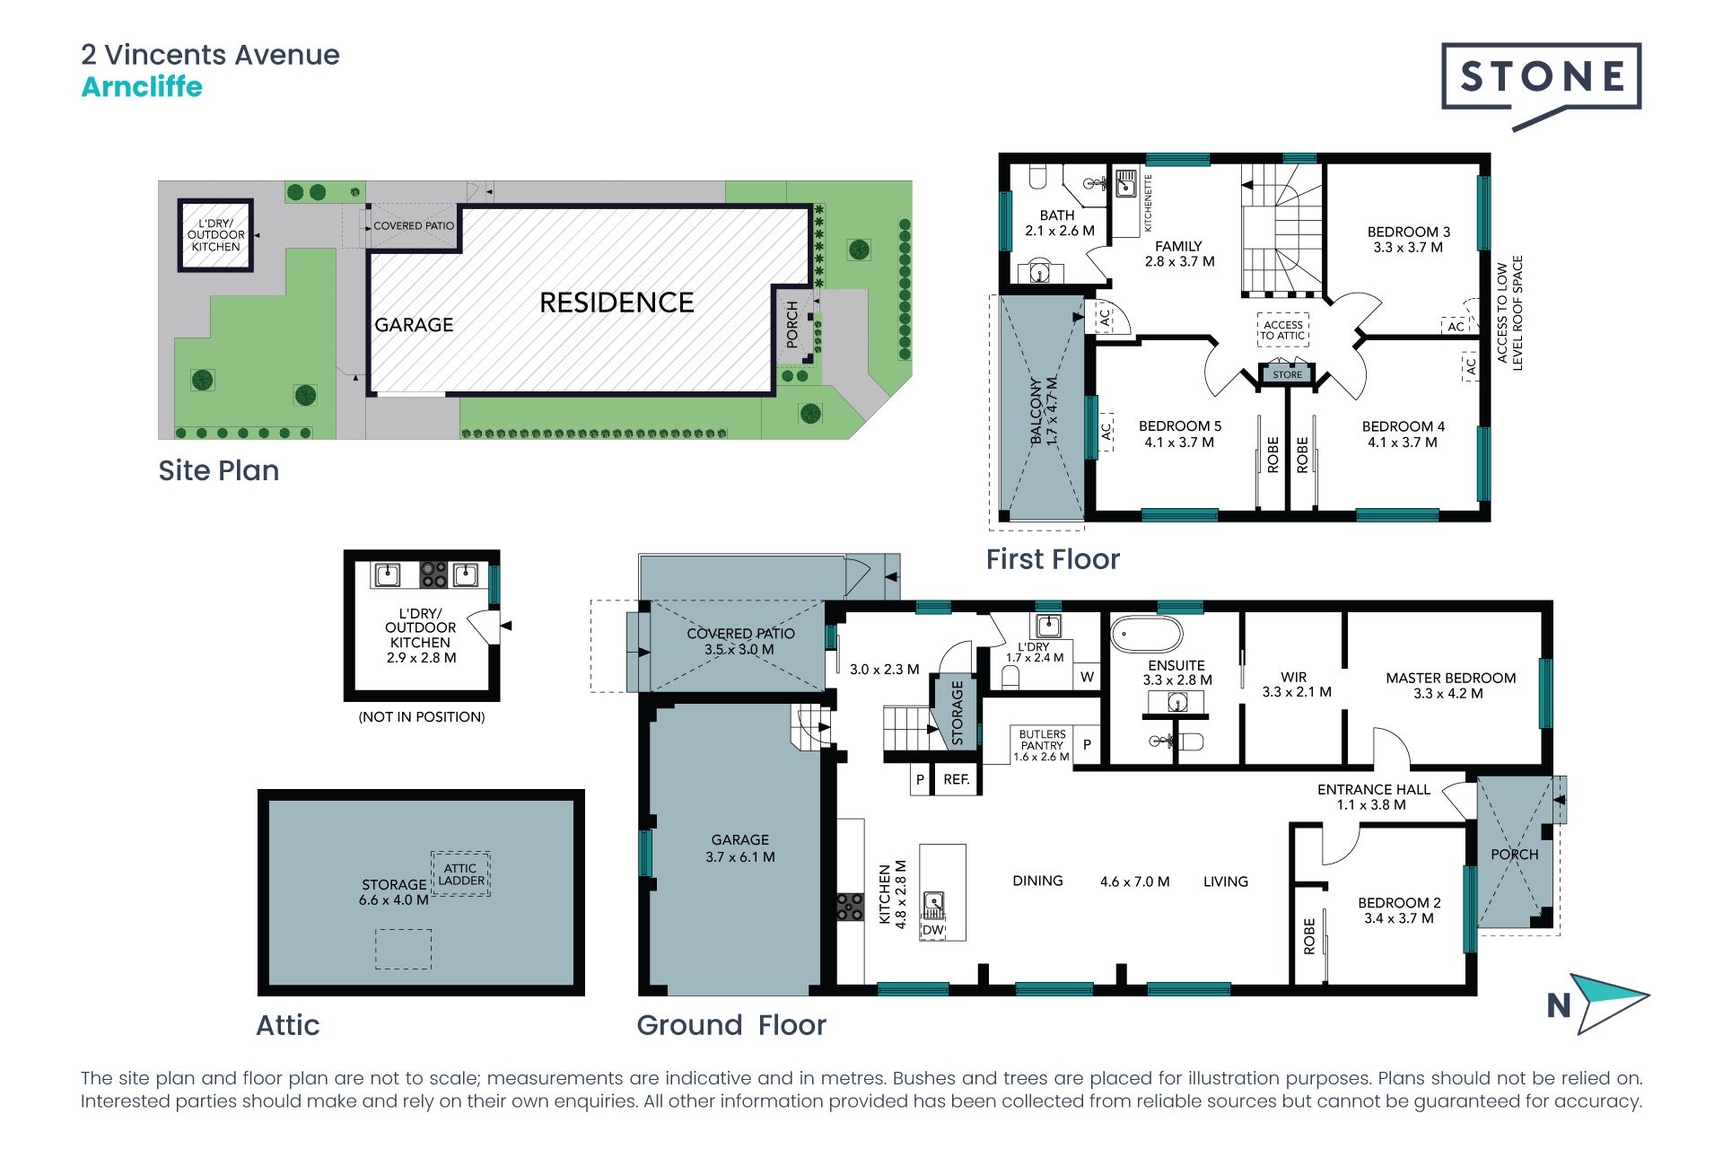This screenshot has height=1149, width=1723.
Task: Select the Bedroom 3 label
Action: [1408, 240]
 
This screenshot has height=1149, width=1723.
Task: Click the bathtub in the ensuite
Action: [1147, 634]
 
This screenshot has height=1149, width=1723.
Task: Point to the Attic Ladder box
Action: [460, 874]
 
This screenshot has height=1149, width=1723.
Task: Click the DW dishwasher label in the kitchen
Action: [933, 930]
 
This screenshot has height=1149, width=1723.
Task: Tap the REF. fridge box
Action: [956, 779]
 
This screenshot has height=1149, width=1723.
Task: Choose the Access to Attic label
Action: [1282, 330]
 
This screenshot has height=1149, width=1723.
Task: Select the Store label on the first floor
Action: [1287, 374]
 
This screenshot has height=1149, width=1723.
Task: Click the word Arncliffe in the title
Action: [142, 87]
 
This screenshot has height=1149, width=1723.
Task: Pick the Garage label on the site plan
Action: [414, 325]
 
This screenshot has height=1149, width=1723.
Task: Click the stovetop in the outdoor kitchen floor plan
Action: [433, 574]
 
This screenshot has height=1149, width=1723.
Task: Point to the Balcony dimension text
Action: [1052, 411]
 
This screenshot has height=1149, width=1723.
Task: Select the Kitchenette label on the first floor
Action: [1148, 203]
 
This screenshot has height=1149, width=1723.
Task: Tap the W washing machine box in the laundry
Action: [1087, 677]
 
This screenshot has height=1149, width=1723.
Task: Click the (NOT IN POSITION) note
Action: [421, 717]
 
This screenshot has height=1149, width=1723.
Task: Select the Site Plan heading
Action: [218, 470]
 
